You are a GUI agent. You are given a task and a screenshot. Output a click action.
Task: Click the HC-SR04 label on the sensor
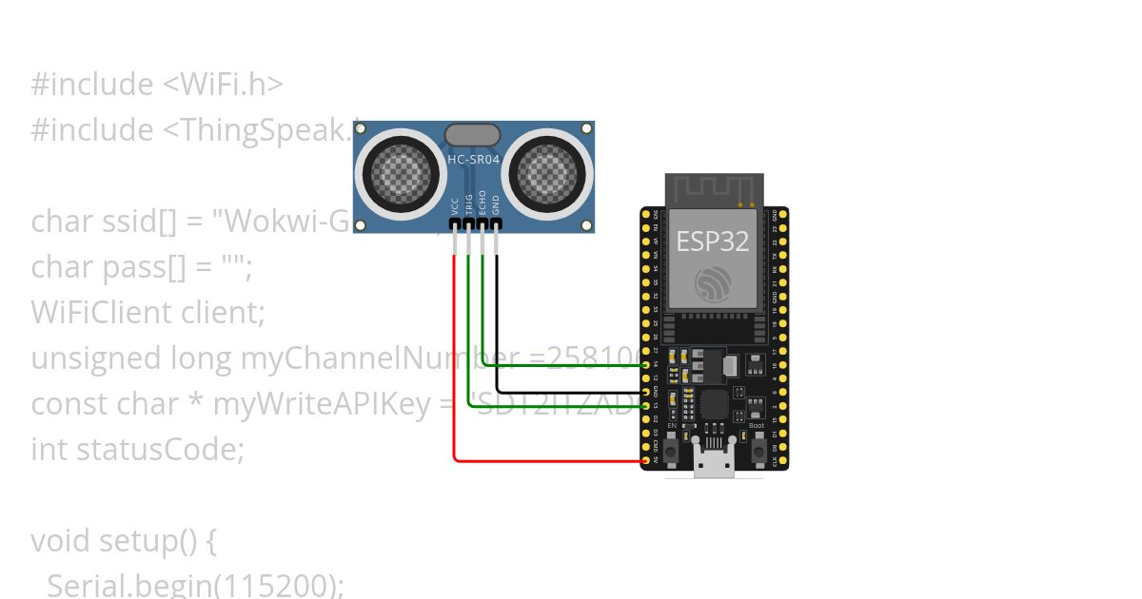473,160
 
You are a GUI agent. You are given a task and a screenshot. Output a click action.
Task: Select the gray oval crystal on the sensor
472,134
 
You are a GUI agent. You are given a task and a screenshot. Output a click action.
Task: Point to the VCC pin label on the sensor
455,205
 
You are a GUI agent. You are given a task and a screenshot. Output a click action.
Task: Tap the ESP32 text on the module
713,242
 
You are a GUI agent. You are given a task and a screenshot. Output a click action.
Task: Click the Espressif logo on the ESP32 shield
713,283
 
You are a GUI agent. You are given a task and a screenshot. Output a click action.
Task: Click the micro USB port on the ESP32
714,465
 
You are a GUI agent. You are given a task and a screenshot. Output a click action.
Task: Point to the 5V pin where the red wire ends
646,461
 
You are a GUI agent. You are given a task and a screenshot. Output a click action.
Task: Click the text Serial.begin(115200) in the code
194,585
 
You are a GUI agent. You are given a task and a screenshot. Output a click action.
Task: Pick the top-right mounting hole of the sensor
586,128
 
